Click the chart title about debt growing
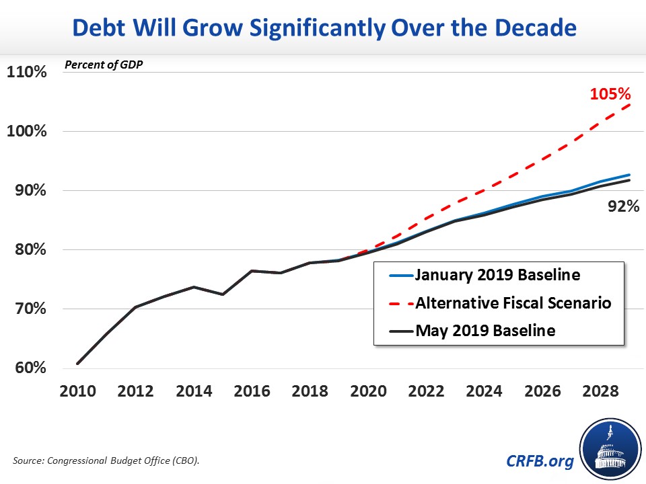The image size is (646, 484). tap(323, 29)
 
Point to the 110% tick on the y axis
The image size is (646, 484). tap(26, 71)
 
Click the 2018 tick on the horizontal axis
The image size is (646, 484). tap(310, 392)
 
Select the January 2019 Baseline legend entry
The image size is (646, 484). tap(497, 275)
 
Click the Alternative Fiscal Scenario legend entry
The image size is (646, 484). tap(513, 303)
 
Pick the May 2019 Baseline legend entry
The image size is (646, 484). tap(485, 331)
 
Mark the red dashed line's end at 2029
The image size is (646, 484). tap(629, 105)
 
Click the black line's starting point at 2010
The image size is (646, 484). tap(78, 364)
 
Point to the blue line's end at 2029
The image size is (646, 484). tap(629, 175)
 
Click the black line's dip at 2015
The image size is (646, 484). tap(223, 294)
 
